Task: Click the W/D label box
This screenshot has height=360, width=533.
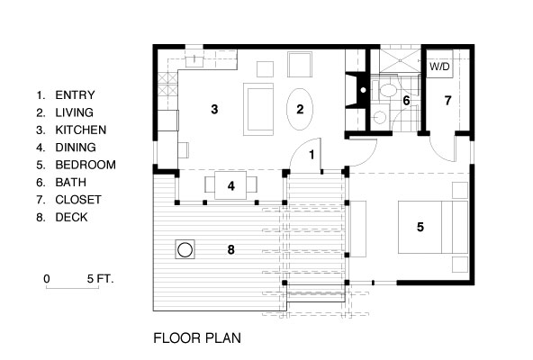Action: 438,67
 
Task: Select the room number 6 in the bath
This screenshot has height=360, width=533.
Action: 407,101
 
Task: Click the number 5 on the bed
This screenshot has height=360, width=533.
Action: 420,227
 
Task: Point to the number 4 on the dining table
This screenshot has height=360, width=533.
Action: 231,186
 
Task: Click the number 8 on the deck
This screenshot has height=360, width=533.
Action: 231,248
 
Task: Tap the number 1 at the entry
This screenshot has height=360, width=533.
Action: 312,156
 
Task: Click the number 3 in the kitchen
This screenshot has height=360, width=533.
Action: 214,110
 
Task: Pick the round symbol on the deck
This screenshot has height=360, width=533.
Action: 186,248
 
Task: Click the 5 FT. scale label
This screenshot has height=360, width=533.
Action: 101,279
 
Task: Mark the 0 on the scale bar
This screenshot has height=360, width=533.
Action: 46,279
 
